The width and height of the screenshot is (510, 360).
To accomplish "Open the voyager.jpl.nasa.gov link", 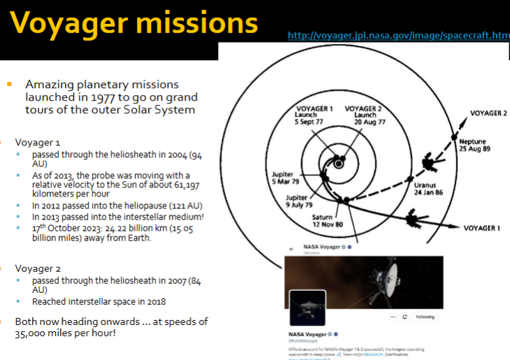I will (x=398, y=36).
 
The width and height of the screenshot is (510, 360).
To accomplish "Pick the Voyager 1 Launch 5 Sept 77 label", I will (x=313, y=115).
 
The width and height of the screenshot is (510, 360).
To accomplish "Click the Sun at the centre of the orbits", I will (x=338, y=163).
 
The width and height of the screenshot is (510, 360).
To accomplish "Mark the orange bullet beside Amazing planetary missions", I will (x=10, y=84).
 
